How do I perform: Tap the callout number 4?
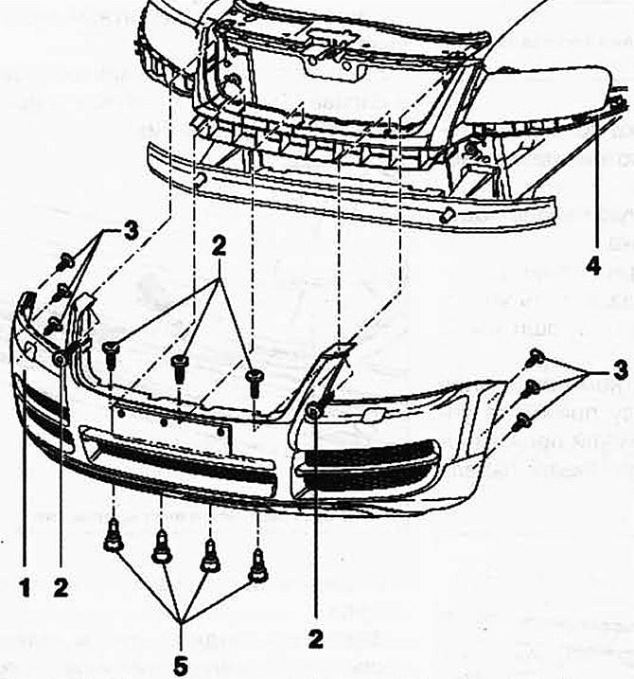coord(593,266)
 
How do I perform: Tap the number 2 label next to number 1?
coord(62,587)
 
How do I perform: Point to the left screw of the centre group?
coord(110,352)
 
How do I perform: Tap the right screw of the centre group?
coord(252,379)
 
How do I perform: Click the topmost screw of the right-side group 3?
coord(534,357)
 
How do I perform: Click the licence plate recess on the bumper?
coord(170,417)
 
